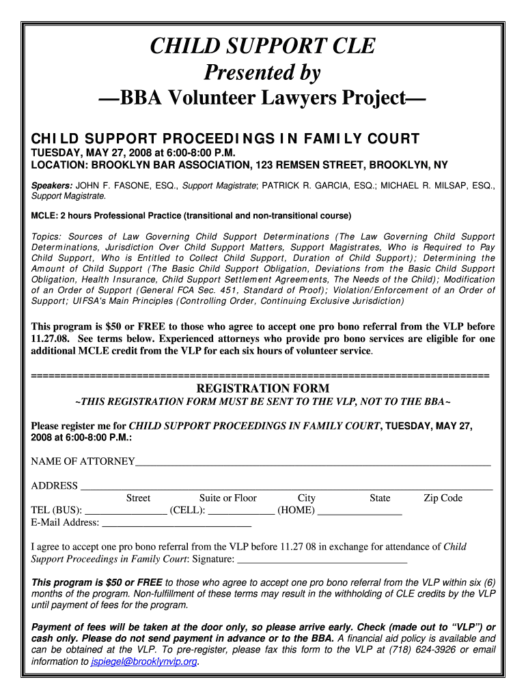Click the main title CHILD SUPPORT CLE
tap(263, 46)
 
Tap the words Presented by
tap(263, 72)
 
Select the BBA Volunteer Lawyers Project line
tap(263, 98)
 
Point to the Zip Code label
tap(443, 498)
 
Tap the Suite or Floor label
tap(228, 498)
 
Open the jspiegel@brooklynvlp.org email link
tap(144, 661)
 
